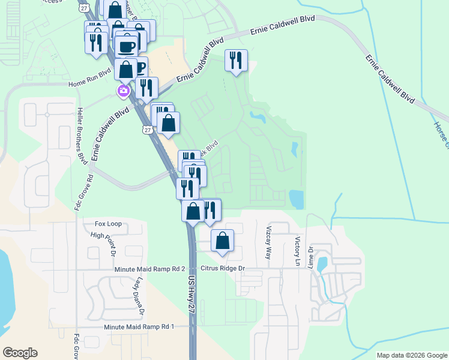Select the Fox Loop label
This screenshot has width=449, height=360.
[108, 224]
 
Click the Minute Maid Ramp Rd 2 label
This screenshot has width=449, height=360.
[151, 269]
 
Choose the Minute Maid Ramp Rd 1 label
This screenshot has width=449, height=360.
[139, 326]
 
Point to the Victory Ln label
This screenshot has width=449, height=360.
[297, 251]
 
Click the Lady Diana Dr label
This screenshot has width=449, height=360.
[139, 295]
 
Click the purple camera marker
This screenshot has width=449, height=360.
[123, 91]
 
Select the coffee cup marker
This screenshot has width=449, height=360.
[126, 45]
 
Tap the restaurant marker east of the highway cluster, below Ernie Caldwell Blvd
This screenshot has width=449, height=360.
[236, 59]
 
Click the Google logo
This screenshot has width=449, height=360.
[20, 353]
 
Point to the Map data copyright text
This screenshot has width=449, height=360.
[412, 355]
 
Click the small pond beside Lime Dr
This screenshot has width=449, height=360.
[322, 263]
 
